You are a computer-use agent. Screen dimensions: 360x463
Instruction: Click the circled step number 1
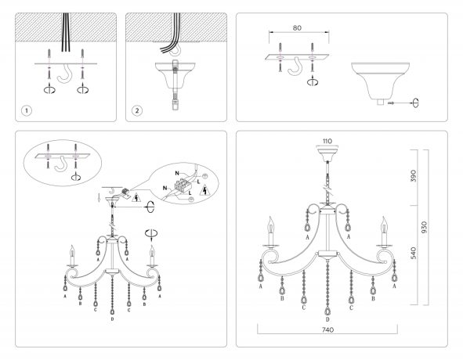(x=27, y=110)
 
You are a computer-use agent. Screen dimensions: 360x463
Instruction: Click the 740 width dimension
(x=328, y=332)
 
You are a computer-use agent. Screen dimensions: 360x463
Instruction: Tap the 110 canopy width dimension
(x=328, y=142)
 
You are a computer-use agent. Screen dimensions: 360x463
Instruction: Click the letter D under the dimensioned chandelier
(x=327, y=320)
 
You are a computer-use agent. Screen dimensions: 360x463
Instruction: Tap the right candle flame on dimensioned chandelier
(x=383, y=225)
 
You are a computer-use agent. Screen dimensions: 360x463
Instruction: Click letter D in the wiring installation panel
(x=113, y=320)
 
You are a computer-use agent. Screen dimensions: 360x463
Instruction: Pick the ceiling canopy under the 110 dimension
(x=328, y=154)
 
